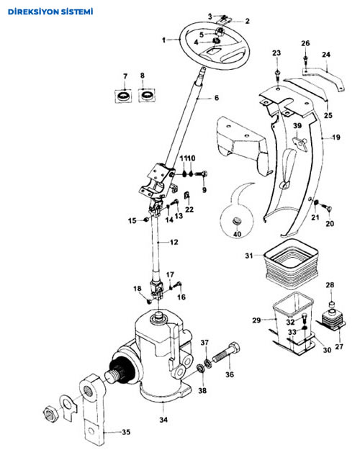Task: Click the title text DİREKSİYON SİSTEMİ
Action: (50, 12)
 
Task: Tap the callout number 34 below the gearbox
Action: (163, 420)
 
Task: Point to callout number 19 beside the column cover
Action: (336, 138)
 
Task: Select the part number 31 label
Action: (249, 256)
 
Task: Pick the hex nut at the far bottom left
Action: (50, 413)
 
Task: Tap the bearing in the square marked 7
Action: (123, 96)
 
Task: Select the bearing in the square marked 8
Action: (147, 96)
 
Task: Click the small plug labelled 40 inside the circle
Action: (236, 221)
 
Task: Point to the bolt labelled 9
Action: (202, 174)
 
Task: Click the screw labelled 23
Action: (278, 75)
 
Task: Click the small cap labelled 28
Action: (330, 305)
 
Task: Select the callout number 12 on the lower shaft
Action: (174, 242)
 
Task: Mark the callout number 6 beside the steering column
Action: (217, 98)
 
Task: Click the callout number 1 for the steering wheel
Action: (163, 40)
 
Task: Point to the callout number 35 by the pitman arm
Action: (126, 432)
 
